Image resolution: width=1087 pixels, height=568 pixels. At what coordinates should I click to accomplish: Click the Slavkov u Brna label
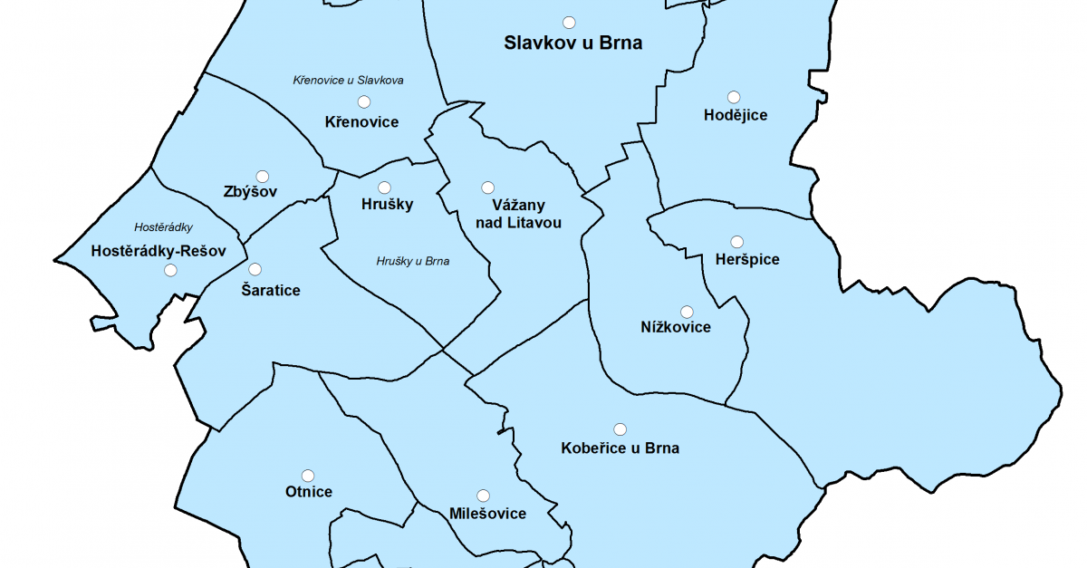click(572, 43)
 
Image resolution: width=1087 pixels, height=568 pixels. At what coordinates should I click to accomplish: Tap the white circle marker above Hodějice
click(734, 97)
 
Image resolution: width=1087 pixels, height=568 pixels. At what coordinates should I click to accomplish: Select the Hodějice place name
click(736, 115)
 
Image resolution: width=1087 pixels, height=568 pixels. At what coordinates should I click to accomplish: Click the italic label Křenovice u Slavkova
click(348, 81)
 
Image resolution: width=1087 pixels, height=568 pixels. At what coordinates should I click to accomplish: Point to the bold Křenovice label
click(361, 122)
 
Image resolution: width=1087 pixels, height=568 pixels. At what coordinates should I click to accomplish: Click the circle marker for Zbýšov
click(263, 176)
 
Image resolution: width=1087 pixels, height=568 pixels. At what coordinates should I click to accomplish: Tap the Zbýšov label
click(249, 192)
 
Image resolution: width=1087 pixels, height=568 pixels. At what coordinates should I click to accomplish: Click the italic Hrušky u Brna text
click(413, 262)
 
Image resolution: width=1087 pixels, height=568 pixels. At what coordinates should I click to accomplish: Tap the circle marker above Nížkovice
click(687, 312)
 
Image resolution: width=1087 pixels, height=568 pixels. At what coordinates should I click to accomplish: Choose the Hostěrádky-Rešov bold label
click(158, 250)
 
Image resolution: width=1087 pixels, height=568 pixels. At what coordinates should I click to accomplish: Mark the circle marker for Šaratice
click(255, 269)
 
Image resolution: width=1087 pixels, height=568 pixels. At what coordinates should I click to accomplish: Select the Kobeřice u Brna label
click(620, 448)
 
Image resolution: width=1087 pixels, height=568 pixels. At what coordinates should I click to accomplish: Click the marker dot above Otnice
click(308, 476)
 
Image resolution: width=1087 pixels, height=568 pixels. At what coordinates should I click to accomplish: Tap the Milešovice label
click(487, 515)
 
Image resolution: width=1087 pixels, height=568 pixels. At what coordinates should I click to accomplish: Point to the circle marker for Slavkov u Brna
click(569, 22)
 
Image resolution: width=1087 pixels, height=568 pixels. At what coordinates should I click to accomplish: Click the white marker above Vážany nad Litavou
click(487, 188)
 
